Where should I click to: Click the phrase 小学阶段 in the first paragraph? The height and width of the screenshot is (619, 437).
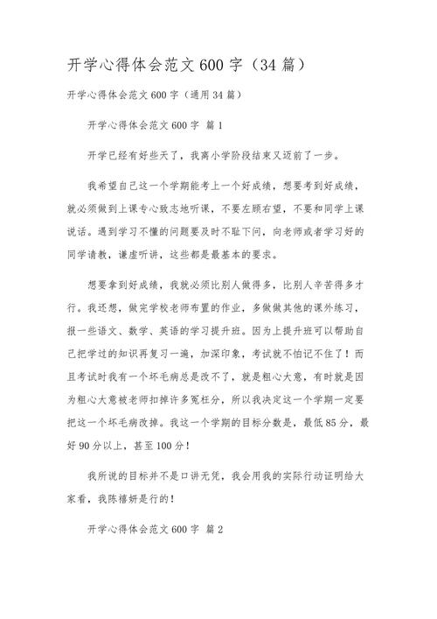coord(229,156)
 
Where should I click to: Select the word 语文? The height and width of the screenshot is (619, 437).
coord(121,332)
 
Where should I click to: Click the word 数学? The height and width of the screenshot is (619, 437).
coord(159,332)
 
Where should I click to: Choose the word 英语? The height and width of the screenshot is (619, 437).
coord(197,332)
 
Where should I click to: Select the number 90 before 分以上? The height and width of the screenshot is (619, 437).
coord(85,445)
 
